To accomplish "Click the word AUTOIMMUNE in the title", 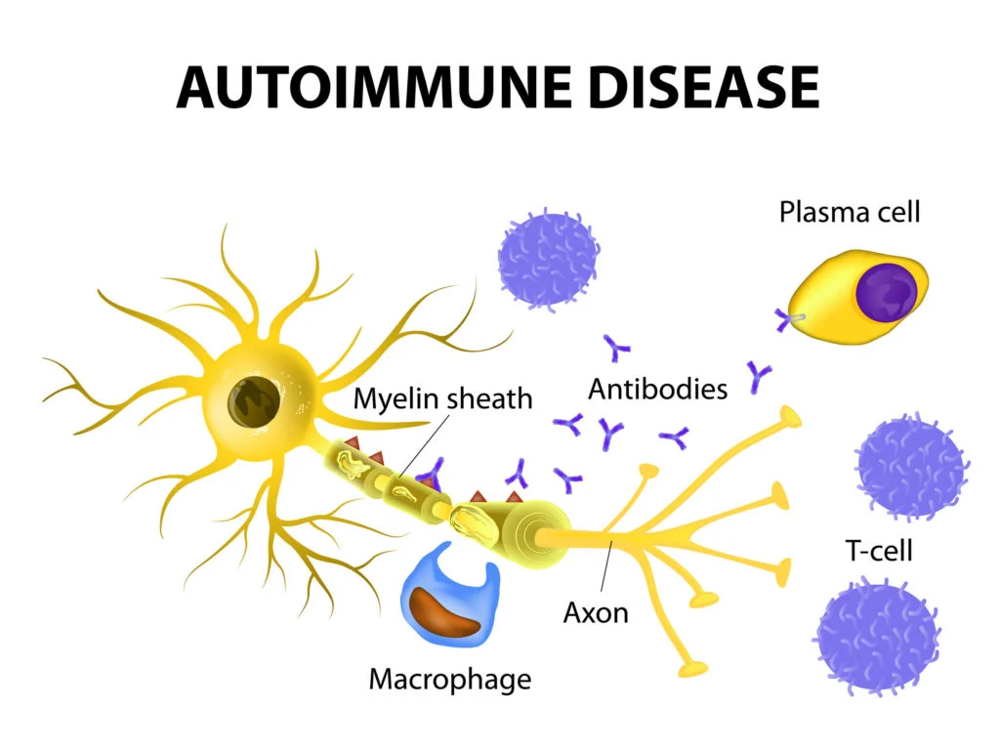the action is click(x=374, y=87).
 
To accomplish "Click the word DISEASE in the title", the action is click(x=704, y=87).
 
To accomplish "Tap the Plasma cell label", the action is click(x=850, y=212).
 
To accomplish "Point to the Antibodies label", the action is click(x=657, y=389).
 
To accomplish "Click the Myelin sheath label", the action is click(x=442, y=398).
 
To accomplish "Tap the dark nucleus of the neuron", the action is click(x=255, y=402).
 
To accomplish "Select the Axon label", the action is click(x=596, y=613).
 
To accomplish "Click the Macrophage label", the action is click(x=449, y=680).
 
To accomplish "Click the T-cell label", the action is click(x=879, y=551).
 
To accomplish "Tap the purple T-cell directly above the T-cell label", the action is click(x=912, y=466).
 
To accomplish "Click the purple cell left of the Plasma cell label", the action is click(x=548, y=260).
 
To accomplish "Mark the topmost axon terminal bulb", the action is click(x=789, y=417).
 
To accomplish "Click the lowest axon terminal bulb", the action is click(x=693, y=668).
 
